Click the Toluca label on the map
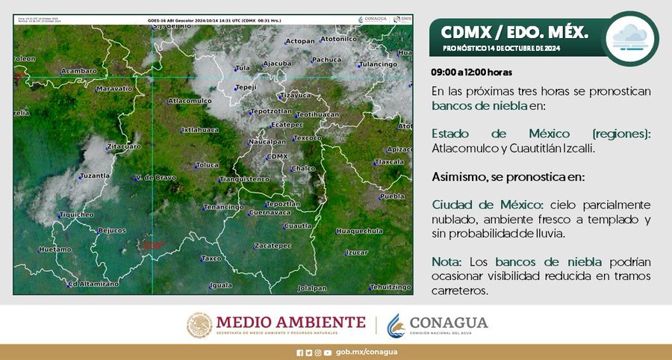207,164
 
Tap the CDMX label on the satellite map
276,156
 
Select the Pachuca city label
326,60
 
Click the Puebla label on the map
391,196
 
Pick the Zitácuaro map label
123,146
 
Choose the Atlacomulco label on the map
190,100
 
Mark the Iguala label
221,285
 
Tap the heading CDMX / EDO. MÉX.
514,32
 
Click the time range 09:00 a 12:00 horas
471,72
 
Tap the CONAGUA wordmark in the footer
448,322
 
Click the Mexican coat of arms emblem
199,325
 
